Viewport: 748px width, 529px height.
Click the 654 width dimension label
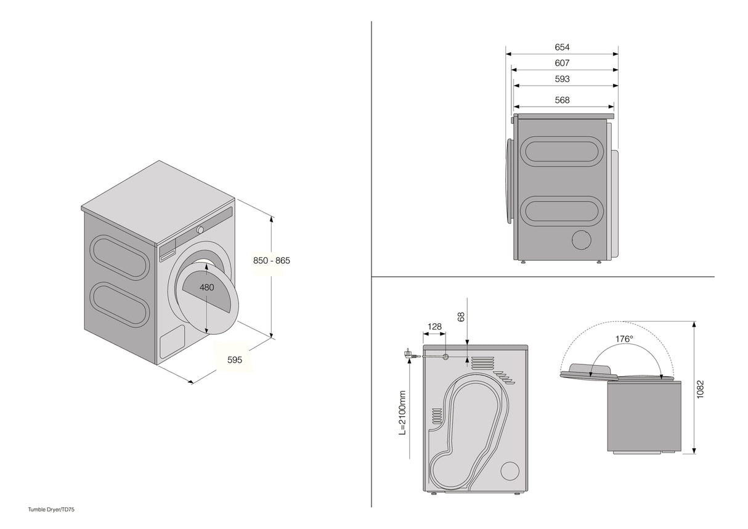click(x=562, y=47)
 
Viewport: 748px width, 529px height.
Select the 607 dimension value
click(x=562, y=63)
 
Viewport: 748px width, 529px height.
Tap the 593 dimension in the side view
click(x=562, y=79)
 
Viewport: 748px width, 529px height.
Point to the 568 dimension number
click(x=562, y=100)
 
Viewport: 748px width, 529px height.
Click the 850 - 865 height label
click(x=272, y=260)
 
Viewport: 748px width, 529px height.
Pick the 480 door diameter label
click(x=207, y=287)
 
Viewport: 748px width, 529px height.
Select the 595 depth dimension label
click(x=235, y=360)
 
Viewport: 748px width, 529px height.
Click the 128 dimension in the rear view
click(x=434, y=326)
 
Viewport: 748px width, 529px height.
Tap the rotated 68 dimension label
click(x=461, y=317)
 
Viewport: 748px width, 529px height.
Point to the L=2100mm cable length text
click(x=402, y=412)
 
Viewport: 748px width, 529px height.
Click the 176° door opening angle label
click(x=624, y=339)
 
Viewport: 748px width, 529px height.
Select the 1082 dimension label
click(x=700, y=388)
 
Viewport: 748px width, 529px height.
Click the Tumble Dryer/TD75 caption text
click(x=51, y=509)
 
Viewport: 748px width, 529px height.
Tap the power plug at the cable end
click(x=408, y=355)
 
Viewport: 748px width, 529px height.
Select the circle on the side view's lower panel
click(x=582, y=240)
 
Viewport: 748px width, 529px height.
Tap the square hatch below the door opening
click(x=172, y=340)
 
